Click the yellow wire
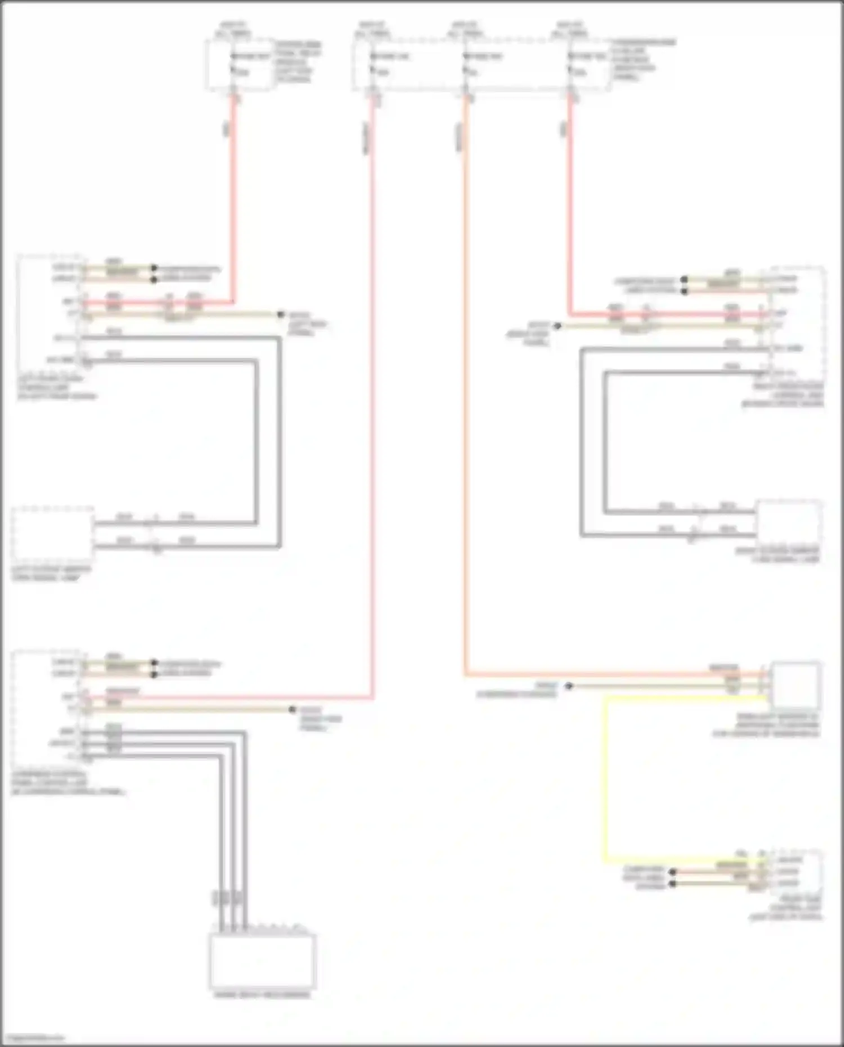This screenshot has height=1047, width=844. [605, 788]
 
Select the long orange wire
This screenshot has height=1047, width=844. [465, 394]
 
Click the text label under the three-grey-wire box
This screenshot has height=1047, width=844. [262, 995]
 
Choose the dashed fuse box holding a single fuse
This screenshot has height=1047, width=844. [240, 64]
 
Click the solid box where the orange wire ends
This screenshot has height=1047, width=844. [796, 685]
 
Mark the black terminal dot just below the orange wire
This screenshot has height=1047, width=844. [569, 686]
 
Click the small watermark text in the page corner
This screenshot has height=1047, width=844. [33, 1037]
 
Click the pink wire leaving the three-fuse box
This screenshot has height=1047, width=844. [372, 394]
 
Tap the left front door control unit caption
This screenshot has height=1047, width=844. [56, 387]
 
